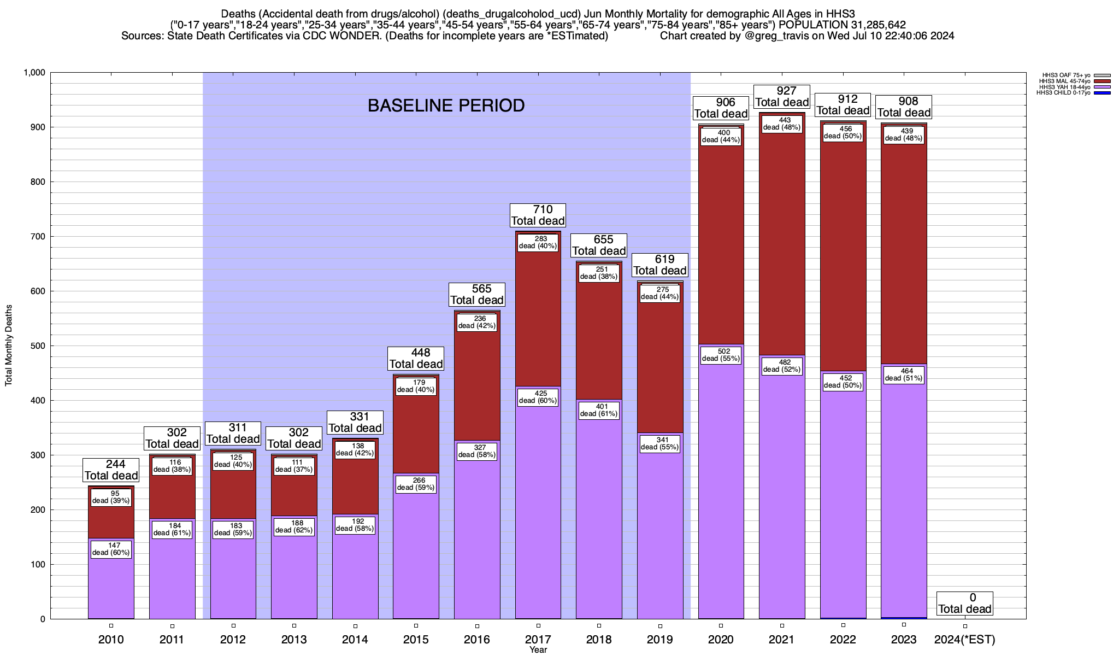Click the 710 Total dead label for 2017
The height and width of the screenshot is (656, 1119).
(538, 215)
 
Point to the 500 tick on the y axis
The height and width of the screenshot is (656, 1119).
(38, 346)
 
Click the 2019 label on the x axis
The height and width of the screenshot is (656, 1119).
(660, 639)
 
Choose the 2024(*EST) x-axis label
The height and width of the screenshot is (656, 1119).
(965, 639)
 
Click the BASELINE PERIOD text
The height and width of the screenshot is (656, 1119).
(446, 106)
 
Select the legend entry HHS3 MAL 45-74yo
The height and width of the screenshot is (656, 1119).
(1065, 81)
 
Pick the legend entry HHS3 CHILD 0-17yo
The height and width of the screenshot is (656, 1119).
(1065, 93)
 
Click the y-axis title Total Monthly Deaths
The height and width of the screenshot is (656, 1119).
(9, 345)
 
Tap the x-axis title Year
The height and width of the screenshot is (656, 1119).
(538, 650)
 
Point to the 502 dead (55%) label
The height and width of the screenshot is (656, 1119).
(721, 355)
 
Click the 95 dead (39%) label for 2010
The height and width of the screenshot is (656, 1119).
(111, 497)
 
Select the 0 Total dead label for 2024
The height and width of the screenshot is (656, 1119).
(964, 603)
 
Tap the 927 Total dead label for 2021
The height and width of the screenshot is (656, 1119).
(782, 97)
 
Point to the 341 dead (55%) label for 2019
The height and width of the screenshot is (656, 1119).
(659, 443)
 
